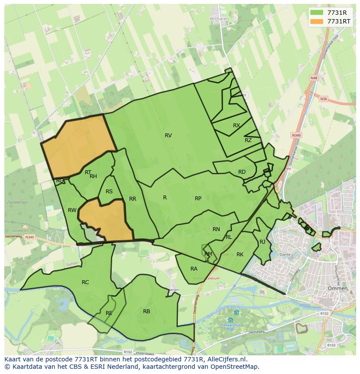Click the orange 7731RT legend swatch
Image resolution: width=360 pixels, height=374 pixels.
[x=317, y=21]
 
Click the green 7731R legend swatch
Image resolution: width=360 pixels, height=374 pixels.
[x=317, y=13]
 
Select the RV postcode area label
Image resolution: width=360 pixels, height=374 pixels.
[x=168, y=136]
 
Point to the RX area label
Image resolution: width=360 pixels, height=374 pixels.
[x=237, y=126]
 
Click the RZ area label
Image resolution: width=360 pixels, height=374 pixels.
[x=248, y=140]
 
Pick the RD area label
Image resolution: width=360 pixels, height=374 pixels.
[x=242, y=172]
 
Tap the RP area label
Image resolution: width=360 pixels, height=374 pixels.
[x=198, y=199]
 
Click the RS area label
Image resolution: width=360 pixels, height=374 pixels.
[x=109, y=192]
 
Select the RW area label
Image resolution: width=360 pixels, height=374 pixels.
[x=72, y=210]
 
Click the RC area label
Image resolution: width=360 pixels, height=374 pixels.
[x=85, y=282]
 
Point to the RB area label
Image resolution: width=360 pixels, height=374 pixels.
[x=147, y=311]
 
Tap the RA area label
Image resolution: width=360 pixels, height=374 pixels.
[x=194, y=269]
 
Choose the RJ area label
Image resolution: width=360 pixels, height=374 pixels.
[x=262, y=242]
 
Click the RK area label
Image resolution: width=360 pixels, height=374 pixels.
[x=240, y=255]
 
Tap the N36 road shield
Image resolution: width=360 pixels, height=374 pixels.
[x=323, y=99]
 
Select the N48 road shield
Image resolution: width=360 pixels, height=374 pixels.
[x=314, y=78]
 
